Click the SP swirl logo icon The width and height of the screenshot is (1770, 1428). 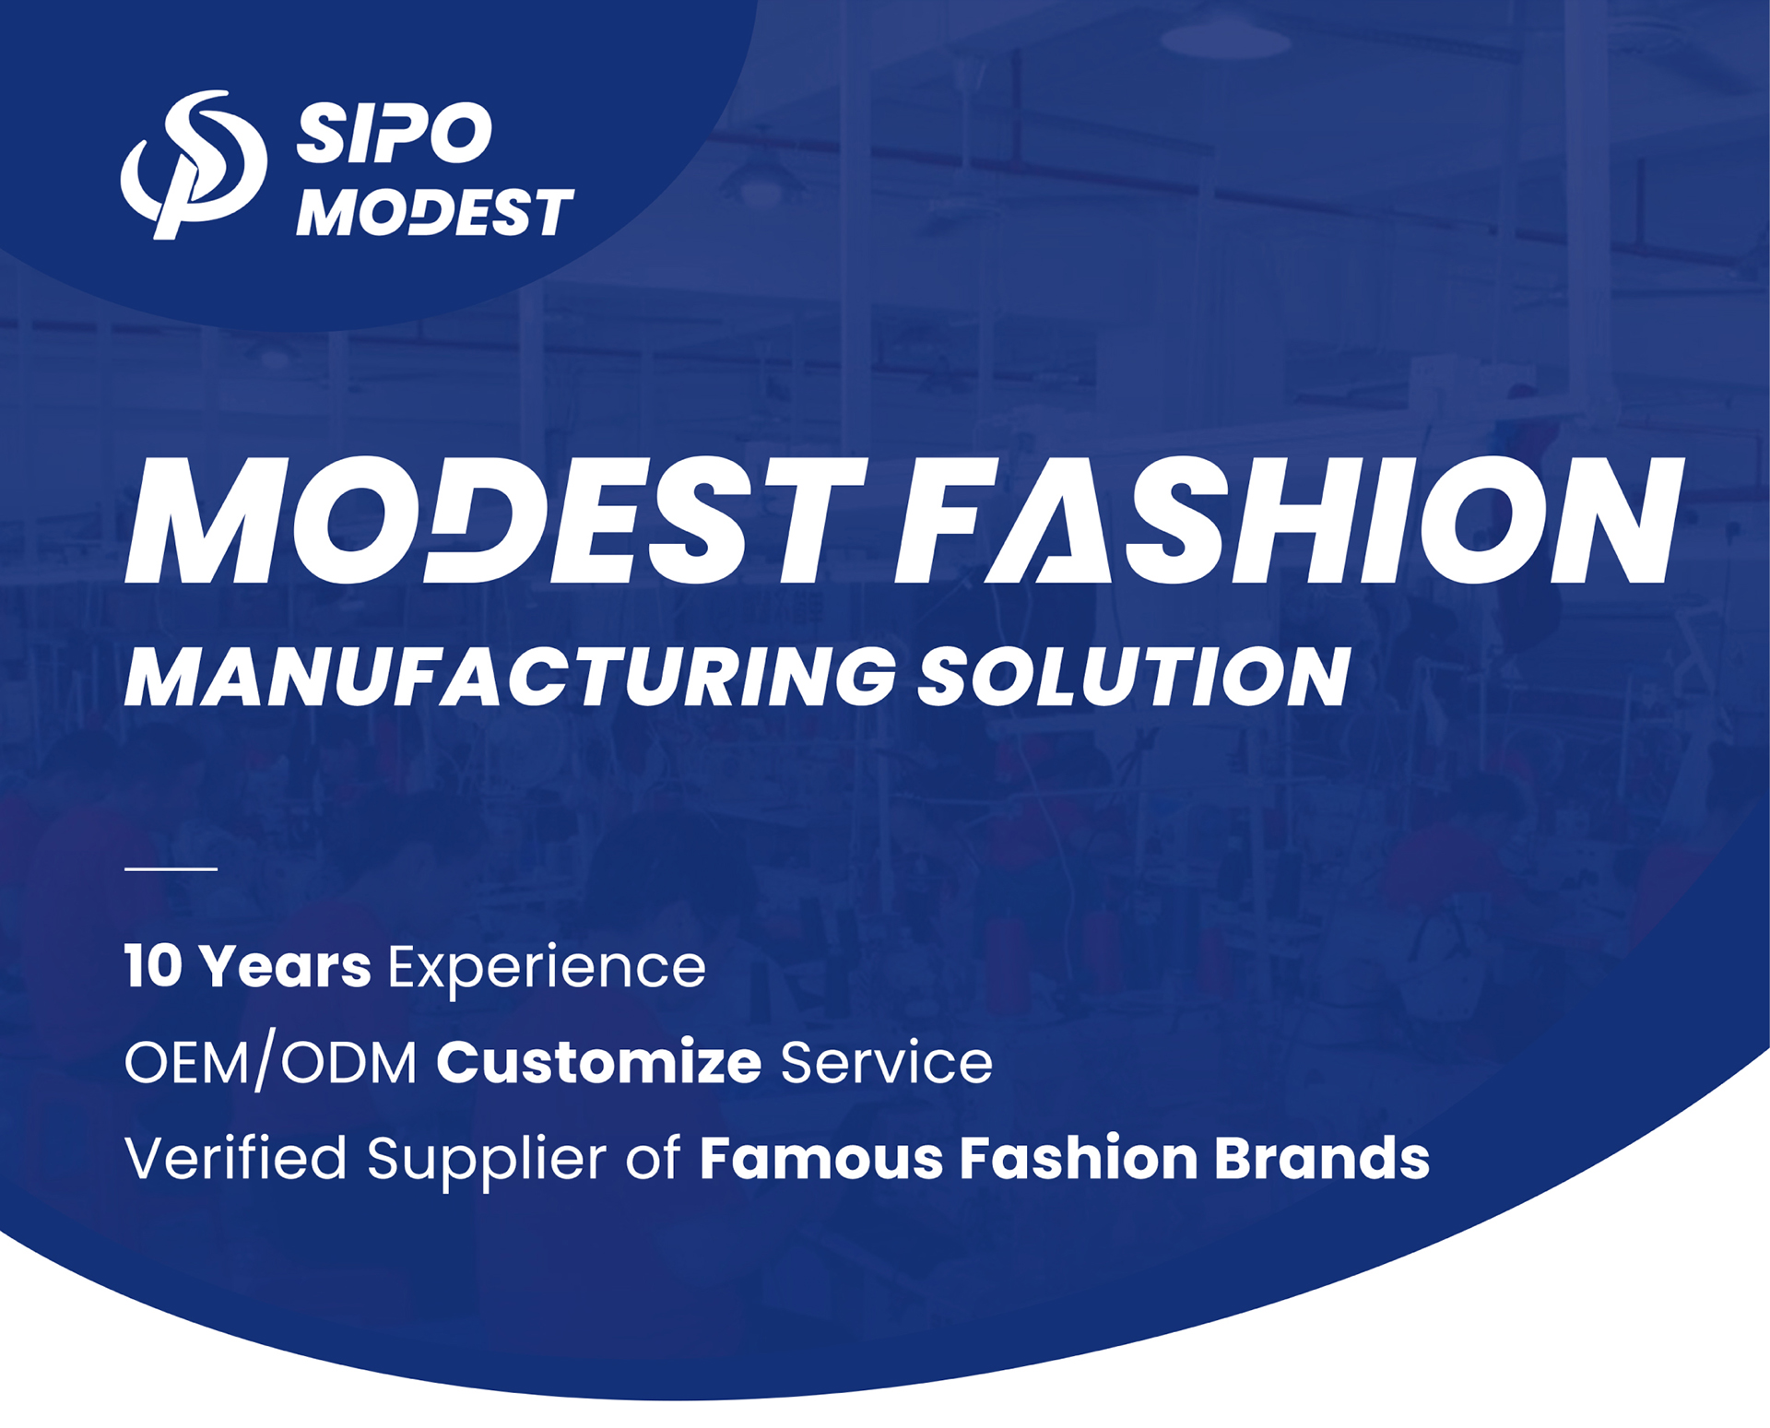point(194,164)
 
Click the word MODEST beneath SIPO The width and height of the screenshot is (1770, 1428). point(435,212)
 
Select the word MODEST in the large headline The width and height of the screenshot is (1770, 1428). point(496,521)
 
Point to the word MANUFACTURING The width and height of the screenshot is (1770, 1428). point(510,677)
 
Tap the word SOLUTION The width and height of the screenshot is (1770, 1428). point(1134,677)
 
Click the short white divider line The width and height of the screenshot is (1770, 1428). point(171,868)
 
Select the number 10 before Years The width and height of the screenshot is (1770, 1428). point(153,966)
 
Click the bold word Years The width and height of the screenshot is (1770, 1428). point(286,966)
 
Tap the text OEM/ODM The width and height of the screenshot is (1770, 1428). point(271,1063)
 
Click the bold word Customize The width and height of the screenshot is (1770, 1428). point(599,1061)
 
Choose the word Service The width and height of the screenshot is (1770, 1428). point(887,1062)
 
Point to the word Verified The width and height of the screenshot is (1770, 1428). point(235,1157)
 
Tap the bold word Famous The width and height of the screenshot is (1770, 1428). point(821,1158)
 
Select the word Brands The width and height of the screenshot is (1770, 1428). point(1322,1158)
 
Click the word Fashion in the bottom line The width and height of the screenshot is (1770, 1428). point(1079,1158)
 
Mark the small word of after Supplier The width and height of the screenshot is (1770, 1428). point(654,1157)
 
